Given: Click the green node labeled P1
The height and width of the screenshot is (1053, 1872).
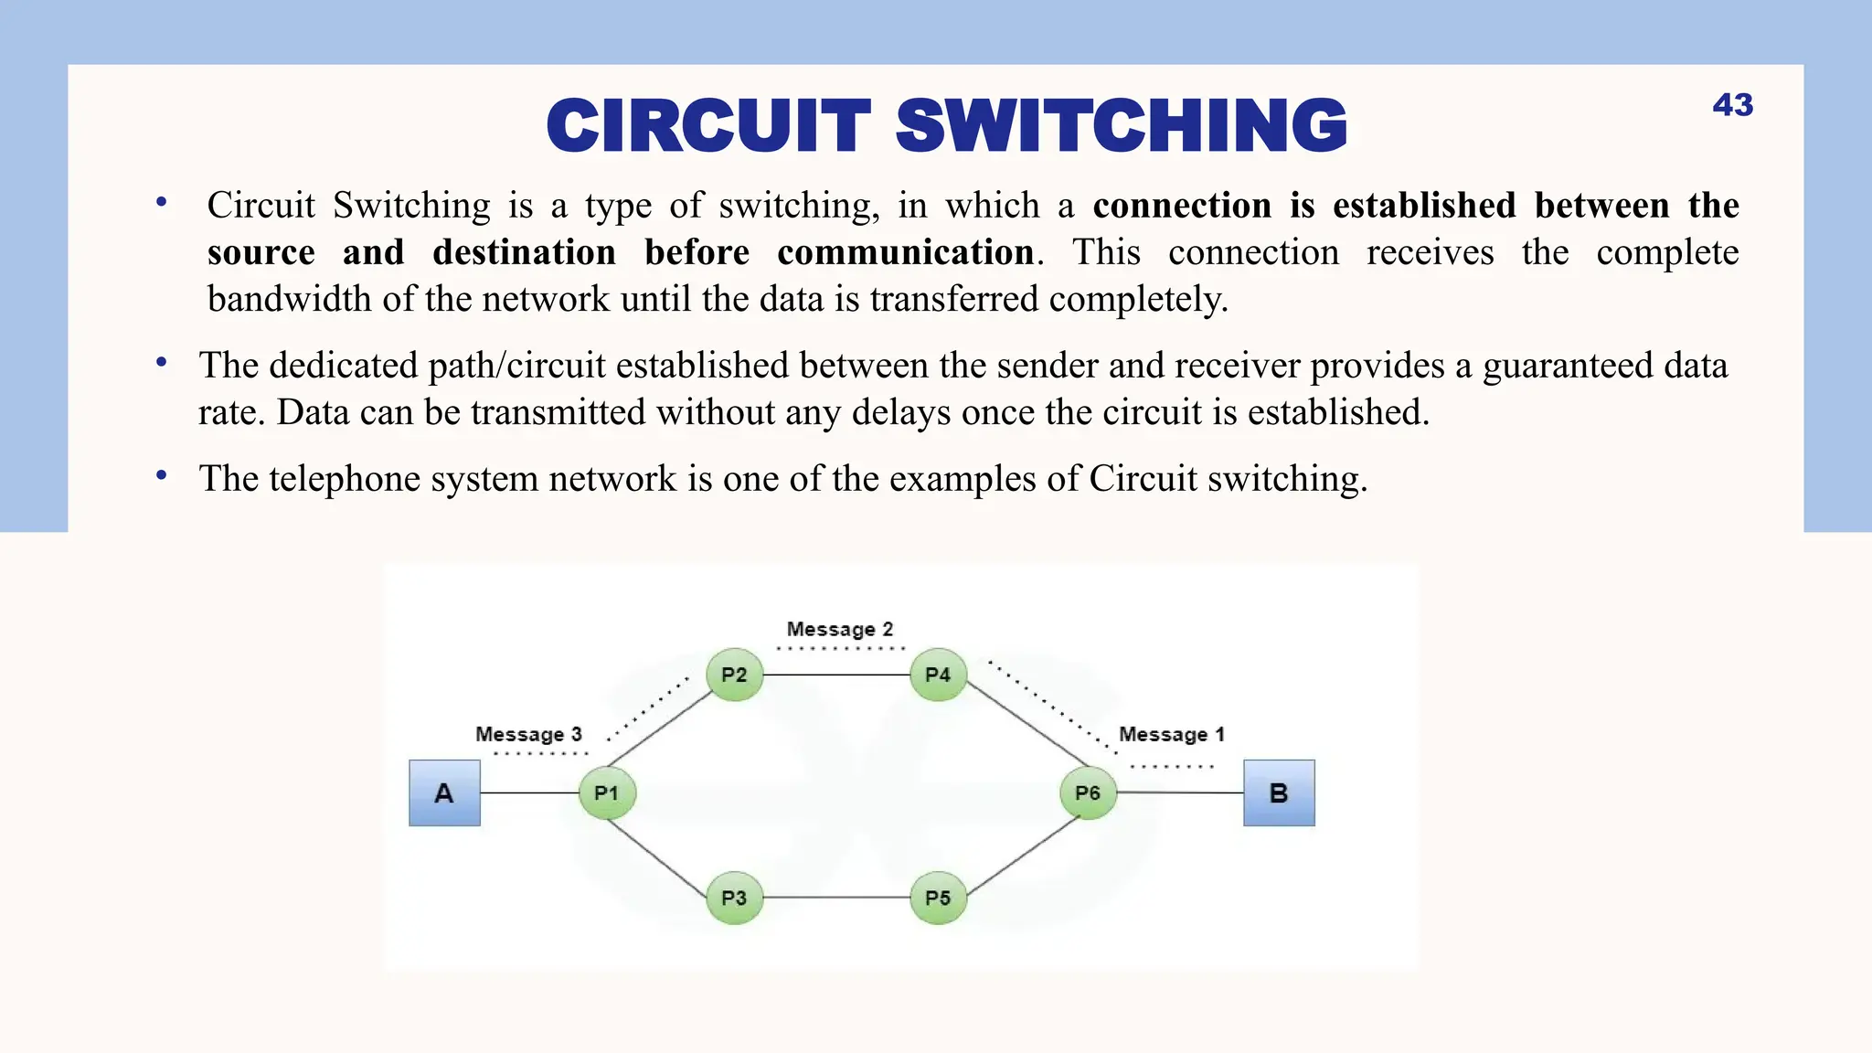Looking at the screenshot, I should [x=607, y=792].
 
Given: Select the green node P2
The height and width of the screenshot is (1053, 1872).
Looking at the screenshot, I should [x=734, y=675].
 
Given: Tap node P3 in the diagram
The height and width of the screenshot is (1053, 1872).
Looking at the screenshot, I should [x=734, y=898].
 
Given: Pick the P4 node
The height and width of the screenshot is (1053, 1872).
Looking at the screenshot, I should [x=938, y=675].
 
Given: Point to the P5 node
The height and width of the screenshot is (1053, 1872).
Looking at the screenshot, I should [x=938, y=898].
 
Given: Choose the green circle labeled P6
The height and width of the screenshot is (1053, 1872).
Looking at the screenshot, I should [x=1087, y=792].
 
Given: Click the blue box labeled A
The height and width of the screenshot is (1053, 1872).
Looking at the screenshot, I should [x=444, y=792].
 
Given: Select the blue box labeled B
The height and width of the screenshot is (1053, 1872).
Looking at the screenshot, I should [x=1279, y=792].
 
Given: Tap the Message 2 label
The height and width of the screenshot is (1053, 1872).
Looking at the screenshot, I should [x=839, y=630].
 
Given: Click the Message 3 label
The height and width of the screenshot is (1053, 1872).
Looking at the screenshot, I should [x=528, y=735].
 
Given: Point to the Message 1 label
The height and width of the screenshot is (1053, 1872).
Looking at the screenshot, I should [x=1171, y=735].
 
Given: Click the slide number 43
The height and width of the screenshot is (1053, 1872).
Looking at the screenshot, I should [x=1732, y=105].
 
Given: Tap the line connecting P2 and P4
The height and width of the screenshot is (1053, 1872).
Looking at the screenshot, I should [x=836, y=675].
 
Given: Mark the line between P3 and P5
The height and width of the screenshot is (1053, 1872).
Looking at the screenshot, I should [x=836, y=898].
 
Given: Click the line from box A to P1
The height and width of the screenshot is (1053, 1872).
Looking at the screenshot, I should [x=530, y=792].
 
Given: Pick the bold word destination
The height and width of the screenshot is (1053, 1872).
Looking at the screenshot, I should [x=524, y=253].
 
